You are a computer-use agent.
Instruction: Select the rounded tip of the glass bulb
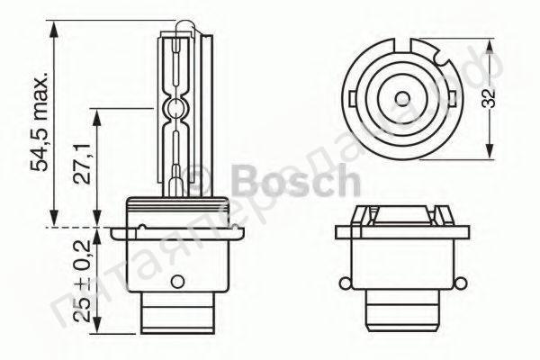pos(178,28)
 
